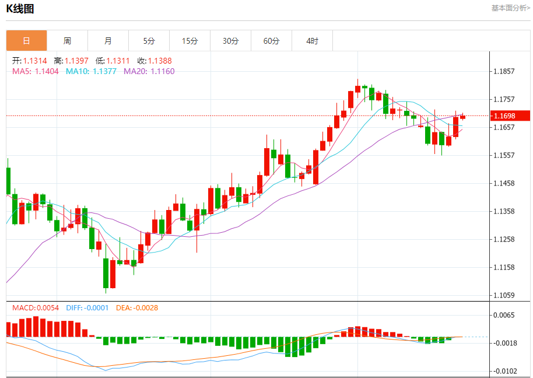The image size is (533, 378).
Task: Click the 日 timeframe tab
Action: tap(26, 41)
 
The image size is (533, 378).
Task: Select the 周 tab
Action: tap(67, 41)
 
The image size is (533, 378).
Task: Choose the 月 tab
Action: tap(108, 41)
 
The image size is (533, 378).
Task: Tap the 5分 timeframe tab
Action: tap(149, 41)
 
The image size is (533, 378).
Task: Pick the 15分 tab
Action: tap(190, 41)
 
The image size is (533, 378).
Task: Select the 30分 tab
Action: tap(230, 41)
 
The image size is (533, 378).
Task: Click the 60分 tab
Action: tap(271, 41)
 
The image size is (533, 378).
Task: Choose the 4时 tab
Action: tap(312, 41)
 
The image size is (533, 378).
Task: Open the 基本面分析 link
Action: tap(510, 8)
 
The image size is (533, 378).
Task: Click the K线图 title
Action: tap(20, 8)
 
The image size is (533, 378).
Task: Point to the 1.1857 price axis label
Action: tap(504, 71)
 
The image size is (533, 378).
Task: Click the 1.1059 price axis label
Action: tap(504, 295)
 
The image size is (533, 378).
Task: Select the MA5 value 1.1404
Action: tap(46, 71)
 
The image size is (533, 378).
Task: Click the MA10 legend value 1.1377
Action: tap(104, 71)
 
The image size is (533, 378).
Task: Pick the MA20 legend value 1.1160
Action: tap(162, 71)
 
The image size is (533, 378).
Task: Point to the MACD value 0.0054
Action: tap(48, 307)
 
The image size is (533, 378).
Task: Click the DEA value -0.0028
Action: tap(146, 307)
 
